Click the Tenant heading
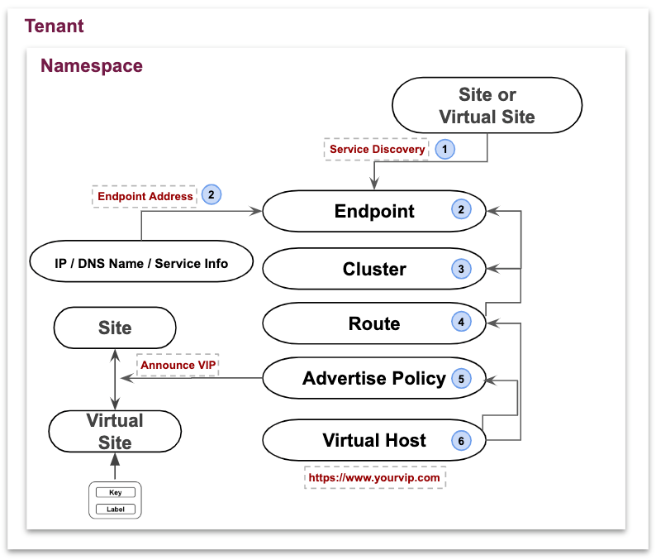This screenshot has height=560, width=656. coord(55,26)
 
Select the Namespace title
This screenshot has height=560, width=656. coord(92,66)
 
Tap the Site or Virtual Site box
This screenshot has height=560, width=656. coord(487,105)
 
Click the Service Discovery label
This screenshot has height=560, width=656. coord(377,149)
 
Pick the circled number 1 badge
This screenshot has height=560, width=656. coord(446,149)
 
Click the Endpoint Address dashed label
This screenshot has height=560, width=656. coord(145,196)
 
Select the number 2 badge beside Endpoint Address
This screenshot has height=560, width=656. coord(212,195)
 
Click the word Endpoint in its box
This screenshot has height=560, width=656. coord(374,211)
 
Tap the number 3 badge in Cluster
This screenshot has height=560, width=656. coord(461,269)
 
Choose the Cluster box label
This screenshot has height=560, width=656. coord(374,269)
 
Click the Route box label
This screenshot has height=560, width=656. coord(374,323)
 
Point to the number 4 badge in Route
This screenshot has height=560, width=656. coord(461,323)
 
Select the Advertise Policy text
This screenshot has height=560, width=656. coord(373,378)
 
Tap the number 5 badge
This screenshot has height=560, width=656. coord(461,379)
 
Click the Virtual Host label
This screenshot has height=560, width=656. coord(374,440)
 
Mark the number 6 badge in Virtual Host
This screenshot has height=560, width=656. coord(461,441)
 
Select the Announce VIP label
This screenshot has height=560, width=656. coord(177,365)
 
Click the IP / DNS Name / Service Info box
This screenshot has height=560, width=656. coord(141,263)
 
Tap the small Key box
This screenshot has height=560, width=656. coord(115,492)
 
